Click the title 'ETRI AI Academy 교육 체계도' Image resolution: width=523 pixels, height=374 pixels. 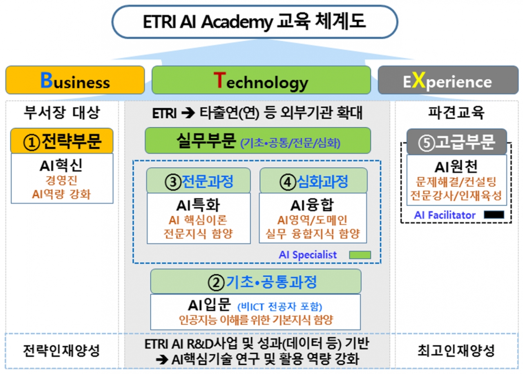(x=254, y=22)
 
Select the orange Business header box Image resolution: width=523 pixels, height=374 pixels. (x=75, y=81)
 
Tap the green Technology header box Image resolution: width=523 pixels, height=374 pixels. (x=261, y=81)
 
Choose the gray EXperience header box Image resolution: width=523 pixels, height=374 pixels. (x=448, y=81)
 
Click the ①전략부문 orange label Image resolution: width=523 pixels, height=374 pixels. (x=62, y=141)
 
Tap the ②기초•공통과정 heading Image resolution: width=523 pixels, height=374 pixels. (x=256, y=281)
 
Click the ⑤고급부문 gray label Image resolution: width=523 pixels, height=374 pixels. (x=456, y=141)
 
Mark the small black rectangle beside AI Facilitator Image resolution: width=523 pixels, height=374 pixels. (x=494, y=215)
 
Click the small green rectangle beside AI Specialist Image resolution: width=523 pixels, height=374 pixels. (x=360, y=255)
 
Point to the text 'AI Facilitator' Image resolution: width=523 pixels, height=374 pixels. (x=445, y=215)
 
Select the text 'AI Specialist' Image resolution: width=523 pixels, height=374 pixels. (x=308, y=255)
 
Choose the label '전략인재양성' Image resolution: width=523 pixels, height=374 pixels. (x=61, y=350)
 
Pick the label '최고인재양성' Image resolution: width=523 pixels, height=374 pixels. (x=456, y=350)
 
